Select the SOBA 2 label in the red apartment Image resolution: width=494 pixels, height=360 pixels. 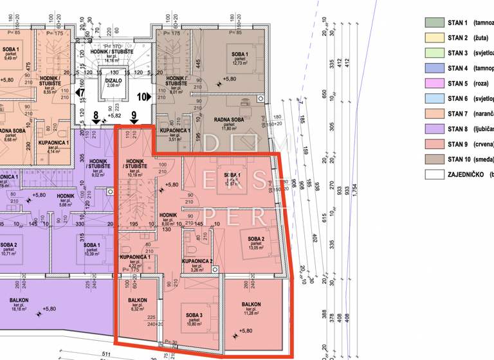[256, 239]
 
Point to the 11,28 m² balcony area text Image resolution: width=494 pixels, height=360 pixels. [251, 314]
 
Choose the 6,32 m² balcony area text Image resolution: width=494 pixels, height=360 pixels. [138, 309]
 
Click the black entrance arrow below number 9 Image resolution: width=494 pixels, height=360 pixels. [134, 127]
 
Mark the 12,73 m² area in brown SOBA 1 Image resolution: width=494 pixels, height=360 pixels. [240, 63]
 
